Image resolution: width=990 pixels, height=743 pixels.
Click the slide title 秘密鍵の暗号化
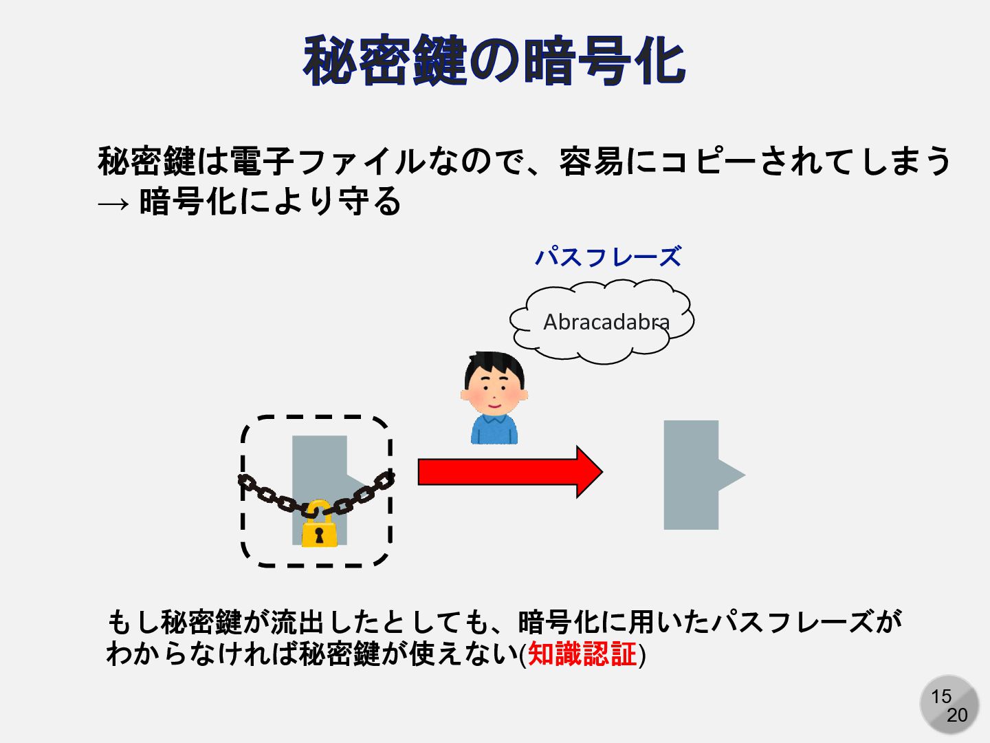point(494,61)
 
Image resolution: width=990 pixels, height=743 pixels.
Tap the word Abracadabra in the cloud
point(606,322)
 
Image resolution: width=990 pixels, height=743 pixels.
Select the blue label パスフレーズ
point(608,257)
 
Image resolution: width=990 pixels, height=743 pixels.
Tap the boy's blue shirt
point(494,430)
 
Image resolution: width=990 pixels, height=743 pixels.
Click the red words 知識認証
point(582,654)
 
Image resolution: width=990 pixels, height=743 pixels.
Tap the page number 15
point(941,696)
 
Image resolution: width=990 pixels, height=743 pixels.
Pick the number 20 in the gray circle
point(957,715)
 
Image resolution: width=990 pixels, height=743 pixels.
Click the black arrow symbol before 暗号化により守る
point(113,204)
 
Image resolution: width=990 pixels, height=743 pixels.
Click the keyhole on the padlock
point(318,535)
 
